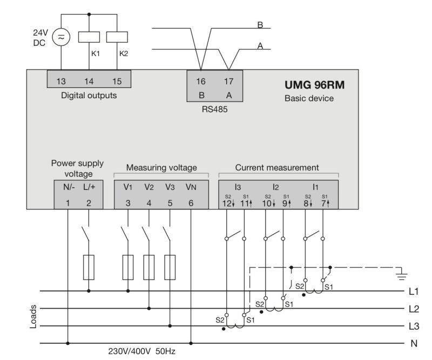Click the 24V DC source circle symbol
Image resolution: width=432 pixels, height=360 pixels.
pyautogui.click(x=61, y=37)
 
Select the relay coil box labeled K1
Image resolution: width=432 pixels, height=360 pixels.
pyautogui.click(x=89, y=37)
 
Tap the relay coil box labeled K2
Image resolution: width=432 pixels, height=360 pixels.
pyautogui.click(x=117, y=37)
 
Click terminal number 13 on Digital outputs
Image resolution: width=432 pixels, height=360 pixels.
pyautogui.click(x=61, y=81)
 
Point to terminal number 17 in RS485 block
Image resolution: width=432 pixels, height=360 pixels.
pyautogui.click(x=228, y=81)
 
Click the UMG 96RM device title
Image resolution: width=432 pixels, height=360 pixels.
pyautogui.click(x=315, y=85)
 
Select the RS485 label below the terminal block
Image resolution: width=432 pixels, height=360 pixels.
pyautogui.click(x=214, y=110)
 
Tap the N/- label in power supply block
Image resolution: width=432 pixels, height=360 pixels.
pyautogui.click(x=69, y=187)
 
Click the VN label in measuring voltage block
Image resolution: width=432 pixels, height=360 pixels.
pyautogui.click(x=191, y=187)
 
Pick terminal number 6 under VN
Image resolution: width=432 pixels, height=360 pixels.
pyautogui.click(x=191, y=203)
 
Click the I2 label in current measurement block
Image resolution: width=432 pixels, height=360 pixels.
pyautogui.click(x=276, y=187)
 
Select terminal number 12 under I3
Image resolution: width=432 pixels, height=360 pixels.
pyautogui.click(x=227, y=203)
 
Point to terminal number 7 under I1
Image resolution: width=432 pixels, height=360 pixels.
pyautogui.click(x=323, y=203)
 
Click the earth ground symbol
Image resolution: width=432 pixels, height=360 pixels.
pyautogui.click(x=401, y=275)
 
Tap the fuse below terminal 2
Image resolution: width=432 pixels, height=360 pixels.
pyautogui.click(x=89, y=268)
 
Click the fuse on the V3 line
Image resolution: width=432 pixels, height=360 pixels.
pyautogui.click(x=170, y=268)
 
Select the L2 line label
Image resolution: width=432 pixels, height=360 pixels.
pyautogui.click(x=414, y=309)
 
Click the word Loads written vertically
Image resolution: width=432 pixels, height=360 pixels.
pyautogui.click(x=33, y=317)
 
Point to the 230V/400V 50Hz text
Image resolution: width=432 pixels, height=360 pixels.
pyautogui.click(x=141, y=351)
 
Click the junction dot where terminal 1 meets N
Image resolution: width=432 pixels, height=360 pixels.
pyautogui.click(x=68, y=343)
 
